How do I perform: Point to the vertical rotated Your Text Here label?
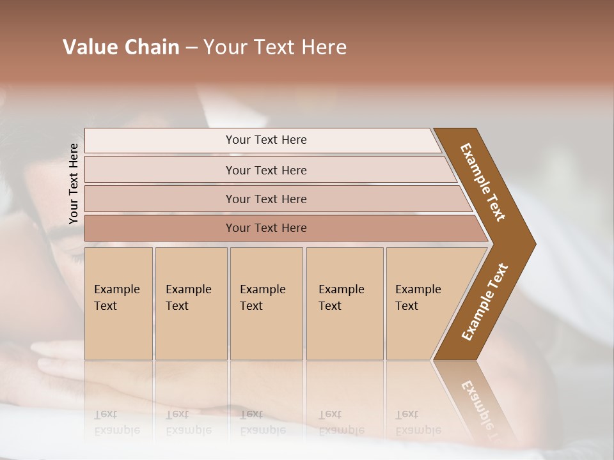point(74,184)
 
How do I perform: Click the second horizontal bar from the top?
point(265,170)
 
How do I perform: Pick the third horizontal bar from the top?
point(265,199)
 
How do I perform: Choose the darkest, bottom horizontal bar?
point(265,228)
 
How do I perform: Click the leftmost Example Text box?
point(118,303)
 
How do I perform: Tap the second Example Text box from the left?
point(191,303)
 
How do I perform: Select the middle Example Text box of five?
point(265,303)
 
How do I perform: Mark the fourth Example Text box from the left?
point(344,303)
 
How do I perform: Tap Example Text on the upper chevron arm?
point(483,182)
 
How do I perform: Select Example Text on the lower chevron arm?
point(485,302)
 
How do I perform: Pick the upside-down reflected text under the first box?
point(117,422)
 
